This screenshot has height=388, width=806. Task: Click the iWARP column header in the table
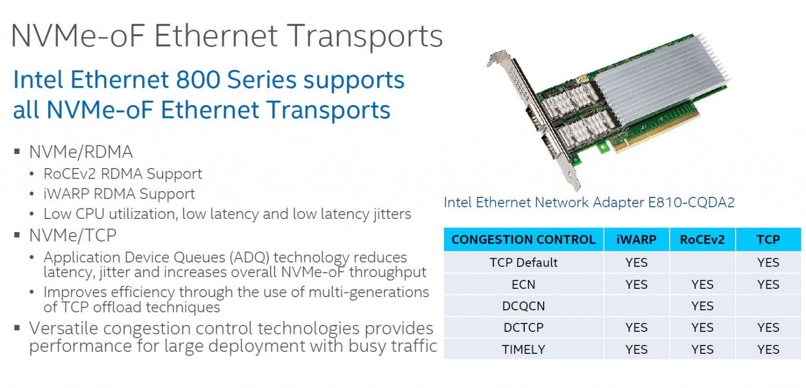coord(637,239)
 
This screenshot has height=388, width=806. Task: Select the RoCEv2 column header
coord(702,239)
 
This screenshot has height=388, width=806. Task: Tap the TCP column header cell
coord(768,239)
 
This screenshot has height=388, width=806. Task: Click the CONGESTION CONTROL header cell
coord(523,239)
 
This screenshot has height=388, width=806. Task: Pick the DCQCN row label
coord(523,306)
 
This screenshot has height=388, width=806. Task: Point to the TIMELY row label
coord(523,349)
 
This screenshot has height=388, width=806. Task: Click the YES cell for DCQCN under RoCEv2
coord(702,306)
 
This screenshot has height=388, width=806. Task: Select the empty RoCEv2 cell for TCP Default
coord(702,262)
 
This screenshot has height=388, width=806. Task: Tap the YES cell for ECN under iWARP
coord(637,284)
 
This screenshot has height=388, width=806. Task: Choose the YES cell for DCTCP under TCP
coord(768,328)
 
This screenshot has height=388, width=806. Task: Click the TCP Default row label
coord(523,262)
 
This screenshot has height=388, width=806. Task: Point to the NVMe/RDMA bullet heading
coord(81,152)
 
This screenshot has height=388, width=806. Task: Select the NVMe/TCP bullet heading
coord(72,236)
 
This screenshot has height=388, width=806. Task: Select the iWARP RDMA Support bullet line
coord(119,194)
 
